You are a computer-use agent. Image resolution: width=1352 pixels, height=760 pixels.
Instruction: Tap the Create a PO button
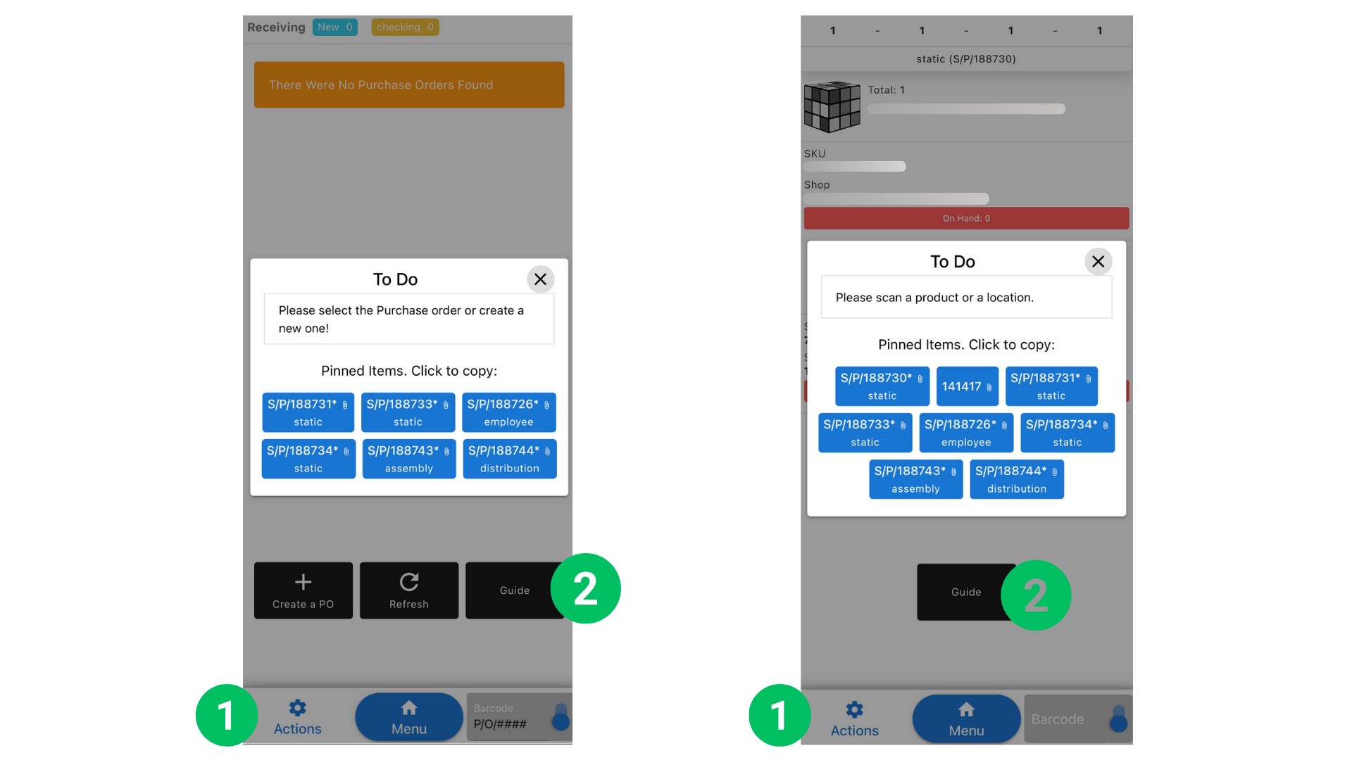click(x=303, y=590)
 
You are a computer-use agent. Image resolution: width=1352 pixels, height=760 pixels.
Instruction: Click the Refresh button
click(x=408, y=590)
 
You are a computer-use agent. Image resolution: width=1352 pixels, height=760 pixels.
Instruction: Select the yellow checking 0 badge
click(x=405, y=27)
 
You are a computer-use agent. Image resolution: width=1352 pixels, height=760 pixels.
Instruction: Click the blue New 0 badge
click(x=334, y=27)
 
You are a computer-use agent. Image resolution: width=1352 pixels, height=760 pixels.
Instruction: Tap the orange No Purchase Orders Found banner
click(x=408, y=84)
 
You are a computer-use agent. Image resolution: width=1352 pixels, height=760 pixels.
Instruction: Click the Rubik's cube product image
click(x=832, y=107)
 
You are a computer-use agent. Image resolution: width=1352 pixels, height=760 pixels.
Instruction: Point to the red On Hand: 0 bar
click(x=966, y=218)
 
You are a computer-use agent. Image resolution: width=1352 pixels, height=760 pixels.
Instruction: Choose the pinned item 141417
click(x=967, y=386)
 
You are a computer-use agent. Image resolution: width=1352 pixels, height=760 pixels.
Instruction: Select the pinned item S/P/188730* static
click(x=882, y=386)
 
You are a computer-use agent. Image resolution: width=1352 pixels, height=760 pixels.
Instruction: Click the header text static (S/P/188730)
click(x=965, y=59)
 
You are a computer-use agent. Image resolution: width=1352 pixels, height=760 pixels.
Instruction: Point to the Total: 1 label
click(x=886, y=90)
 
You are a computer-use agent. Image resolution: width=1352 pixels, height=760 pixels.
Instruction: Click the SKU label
click(x=815, y=153)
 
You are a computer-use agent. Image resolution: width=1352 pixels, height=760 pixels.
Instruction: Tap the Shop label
click(x=817, y=184)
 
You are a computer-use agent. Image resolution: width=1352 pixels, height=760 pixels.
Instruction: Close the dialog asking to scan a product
click(x=1098, y=262)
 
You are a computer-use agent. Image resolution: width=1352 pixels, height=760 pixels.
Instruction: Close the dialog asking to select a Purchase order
click(x=540, y=279)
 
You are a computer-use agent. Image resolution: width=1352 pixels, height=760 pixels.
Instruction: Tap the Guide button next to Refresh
click(x=514, y=590)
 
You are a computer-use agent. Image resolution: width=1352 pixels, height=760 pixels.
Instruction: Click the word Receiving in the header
click(x=276, y=27)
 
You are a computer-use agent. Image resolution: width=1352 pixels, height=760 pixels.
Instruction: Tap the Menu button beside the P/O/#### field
click(x=408, y=717)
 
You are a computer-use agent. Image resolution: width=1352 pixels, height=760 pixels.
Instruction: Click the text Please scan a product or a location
click(x=934, y=298)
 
